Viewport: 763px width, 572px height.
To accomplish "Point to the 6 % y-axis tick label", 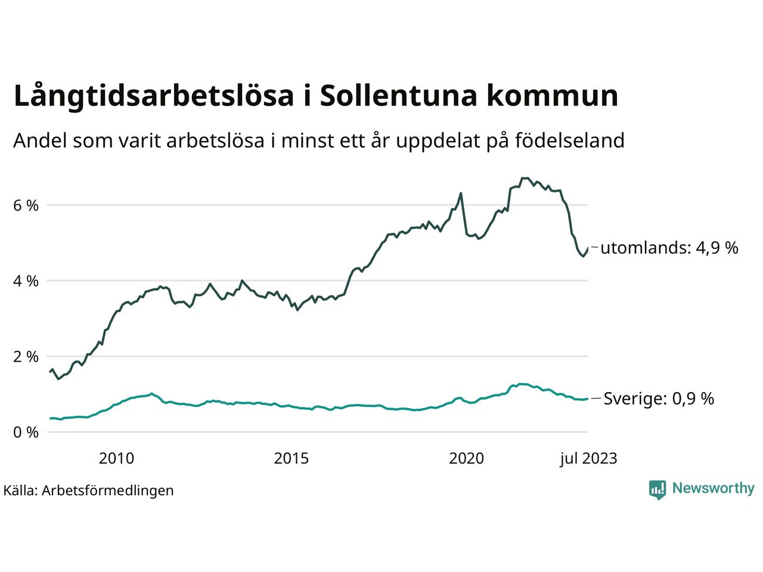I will (26, 205).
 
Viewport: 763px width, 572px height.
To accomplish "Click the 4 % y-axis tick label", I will (26, 281).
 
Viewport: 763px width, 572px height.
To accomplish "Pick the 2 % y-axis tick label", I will (26, 356).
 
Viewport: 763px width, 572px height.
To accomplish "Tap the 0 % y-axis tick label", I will (26, 432).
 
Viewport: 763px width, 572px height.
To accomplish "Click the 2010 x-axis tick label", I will (116, 458).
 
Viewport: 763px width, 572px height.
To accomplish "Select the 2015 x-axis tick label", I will (291, 458).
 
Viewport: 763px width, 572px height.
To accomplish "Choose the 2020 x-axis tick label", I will (467, 458).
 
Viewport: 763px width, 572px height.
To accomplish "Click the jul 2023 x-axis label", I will (588, 458).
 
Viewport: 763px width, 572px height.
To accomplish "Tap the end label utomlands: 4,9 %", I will (669, 248).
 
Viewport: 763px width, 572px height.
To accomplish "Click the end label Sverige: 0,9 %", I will (659, 399).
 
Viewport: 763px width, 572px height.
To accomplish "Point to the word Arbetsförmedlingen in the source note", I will (108, 490).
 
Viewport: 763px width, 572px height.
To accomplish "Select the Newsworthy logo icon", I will (657, 489).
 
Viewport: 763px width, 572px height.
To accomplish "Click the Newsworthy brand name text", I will (713, 489).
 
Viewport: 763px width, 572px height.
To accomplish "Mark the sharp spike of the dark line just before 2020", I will (461, 193).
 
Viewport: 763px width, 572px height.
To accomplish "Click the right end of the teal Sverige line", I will (588, 399).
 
